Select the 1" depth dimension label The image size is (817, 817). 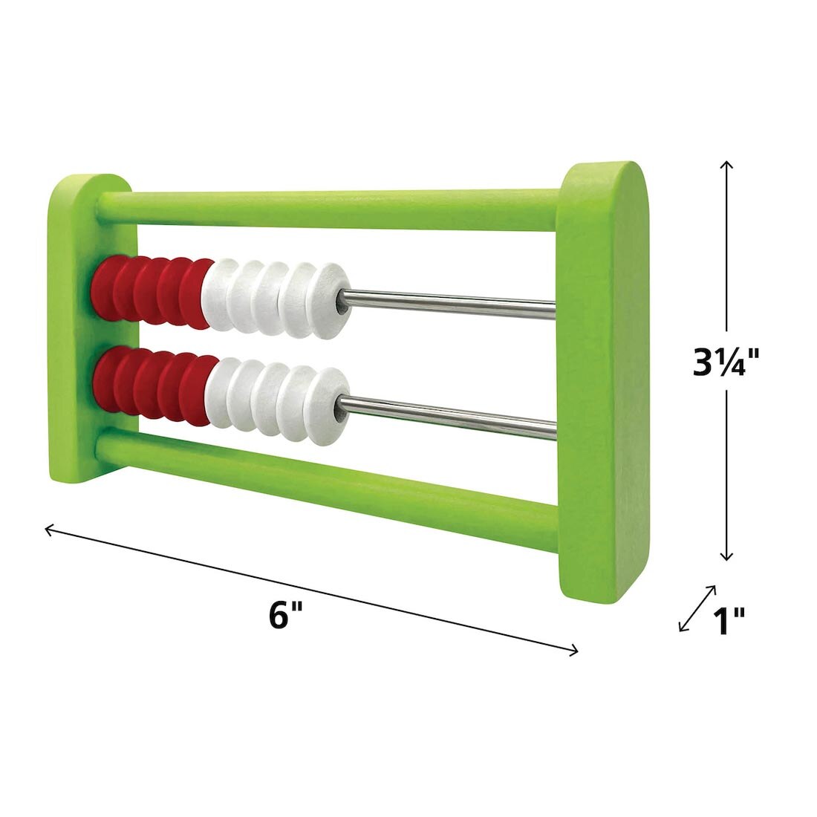728,621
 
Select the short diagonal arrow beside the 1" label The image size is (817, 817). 697,608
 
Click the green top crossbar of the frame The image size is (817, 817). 334,210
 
